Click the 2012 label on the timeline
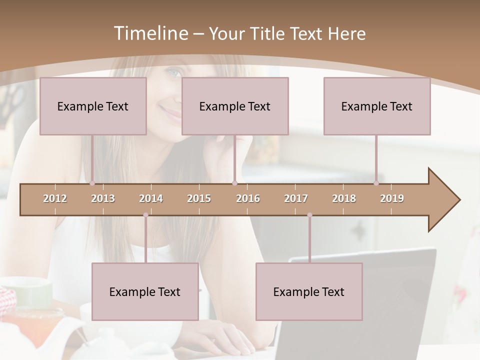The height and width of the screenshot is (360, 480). (x=55, y=198)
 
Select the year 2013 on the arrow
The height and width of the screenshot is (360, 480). (x=103, y=198)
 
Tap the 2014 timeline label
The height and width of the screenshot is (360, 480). (x=151, y=198)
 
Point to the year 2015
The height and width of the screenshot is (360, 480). (x=199, y=198)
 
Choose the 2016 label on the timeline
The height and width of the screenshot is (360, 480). (x=248, y=198)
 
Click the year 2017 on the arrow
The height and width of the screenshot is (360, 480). (x=296, y=198)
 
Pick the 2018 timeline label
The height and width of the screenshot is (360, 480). (x=344, y=198)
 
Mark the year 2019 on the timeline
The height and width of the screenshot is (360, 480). (x=392, y=198)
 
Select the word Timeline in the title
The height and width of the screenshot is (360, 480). (x=150, y=33)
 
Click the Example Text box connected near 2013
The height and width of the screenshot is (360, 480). (x=93, y=106)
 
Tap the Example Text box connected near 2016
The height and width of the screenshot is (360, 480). (x=235, y=106)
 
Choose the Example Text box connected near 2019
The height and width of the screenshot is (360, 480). (x=377, y=106)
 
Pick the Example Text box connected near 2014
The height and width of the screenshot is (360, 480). (x=145, y=291)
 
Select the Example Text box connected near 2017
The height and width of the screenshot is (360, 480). (x=309, y=291)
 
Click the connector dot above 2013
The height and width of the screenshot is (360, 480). (x=92, y=183)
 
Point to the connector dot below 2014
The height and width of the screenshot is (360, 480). (x=145, y=215)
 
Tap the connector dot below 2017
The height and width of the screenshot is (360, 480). (x=309, y=215)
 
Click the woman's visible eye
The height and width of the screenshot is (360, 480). (x=172, y=73)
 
